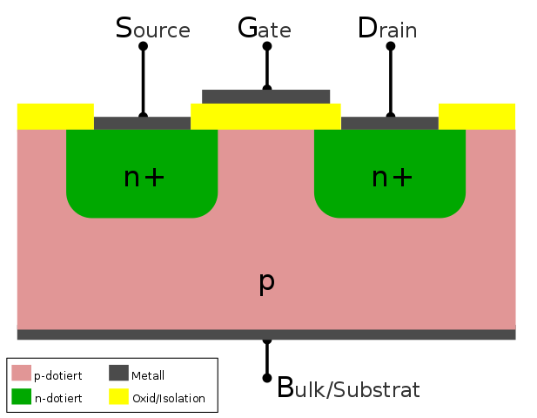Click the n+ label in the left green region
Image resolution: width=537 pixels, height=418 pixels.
(x=144, y=178)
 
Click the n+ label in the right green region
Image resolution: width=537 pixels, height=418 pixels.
(x=392, y=178)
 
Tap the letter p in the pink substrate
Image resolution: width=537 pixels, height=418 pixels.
(x=266, y=281)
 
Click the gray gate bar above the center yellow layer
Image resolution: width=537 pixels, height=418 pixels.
(x=266, y=96)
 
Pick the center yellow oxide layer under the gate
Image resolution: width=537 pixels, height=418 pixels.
(x=265, y=116)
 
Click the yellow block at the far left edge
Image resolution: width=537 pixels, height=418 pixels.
(x=55, y=116)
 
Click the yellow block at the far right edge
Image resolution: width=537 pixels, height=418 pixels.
(x=477, y=116)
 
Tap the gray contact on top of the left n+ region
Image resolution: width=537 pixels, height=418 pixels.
(x=142, y=123)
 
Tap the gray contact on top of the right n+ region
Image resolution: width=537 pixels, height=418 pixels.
(x=389, y=123)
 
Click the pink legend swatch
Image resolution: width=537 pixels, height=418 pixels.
(x=22, y=373)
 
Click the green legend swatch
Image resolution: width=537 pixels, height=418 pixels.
(x=22, y=396)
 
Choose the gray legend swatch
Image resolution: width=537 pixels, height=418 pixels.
(x=118, y=373)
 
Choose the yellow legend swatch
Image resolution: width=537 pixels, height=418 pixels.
(x=118, y=396)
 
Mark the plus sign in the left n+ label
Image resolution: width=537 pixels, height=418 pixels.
(x=154, y=178)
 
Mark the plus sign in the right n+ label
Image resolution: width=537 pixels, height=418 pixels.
(x=402, y=178)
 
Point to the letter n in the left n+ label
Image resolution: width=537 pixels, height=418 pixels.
(x=131, y=179)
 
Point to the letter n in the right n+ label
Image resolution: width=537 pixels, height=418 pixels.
(x=379, y=179)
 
